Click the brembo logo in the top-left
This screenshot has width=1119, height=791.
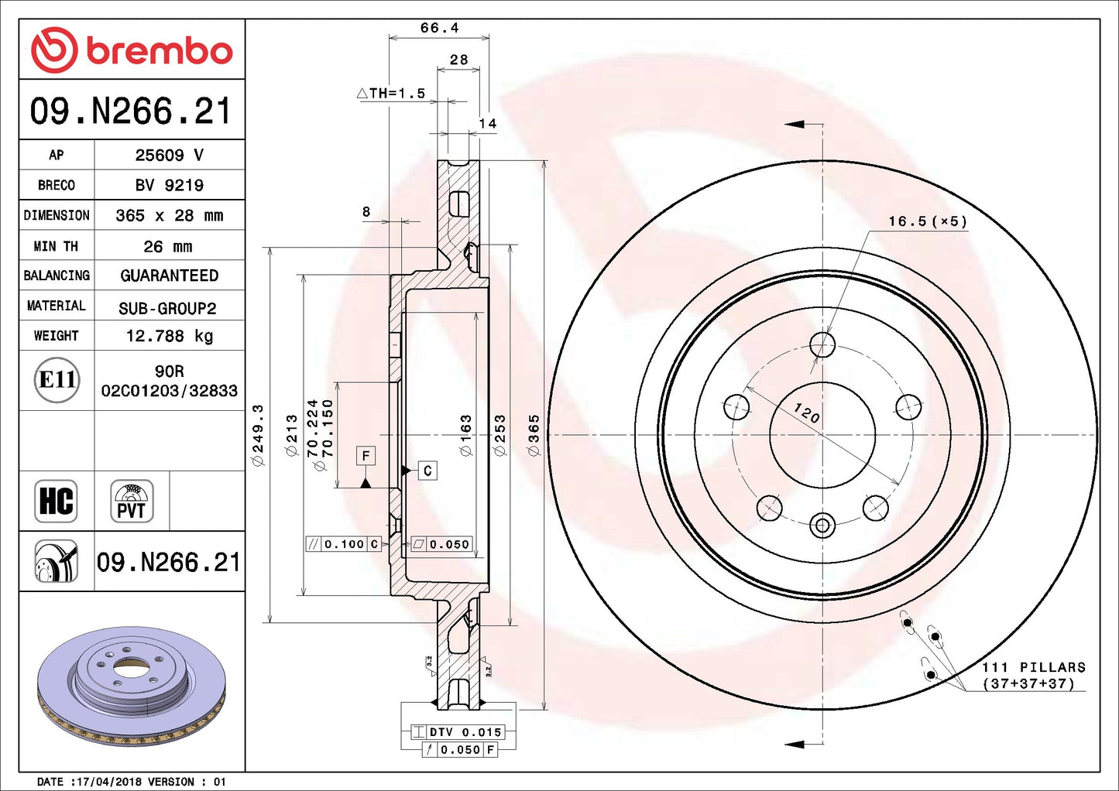132,50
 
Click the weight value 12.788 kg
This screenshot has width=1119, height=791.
169,336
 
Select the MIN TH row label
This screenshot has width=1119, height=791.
56,246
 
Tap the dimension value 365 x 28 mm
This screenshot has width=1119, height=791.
169,216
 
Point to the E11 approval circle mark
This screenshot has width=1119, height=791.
57,380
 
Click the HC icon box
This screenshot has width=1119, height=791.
57,501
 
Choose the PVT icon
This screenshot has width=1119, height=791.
132,501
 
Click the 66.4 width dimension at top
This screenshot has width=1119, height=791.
439,28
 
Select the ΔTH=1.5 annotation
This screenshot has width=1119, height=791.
391,94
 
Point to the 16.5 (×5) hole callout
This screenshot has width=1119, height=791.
927,221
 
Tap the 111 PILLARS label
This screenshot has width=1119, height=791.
1033,667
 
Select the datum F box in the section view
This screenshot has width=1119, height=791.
366,456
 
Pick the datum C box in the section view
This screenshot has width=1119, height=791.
427,471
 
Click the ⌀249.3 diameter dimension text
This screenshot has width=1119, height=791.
258,434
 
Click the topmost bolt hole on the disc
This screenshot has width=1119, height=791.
822,344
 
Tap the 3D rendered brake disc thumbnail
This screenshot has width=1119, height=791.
132,685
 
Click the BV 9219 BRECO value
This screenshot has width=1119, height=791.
169,186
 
